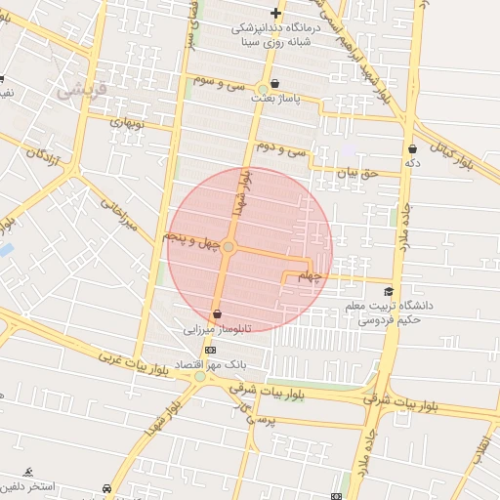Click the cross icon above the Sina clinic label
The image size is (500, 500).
275,14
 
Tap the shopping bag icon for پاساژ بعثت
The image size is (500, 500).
275,84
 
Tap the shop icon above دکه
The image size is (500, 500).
412,148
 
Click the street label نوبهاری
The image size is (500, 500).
127,125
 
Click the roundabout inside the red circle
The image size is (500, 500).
229,248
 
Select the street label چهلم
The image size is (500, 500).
309,277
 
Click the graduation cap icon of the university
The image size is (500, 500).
389,291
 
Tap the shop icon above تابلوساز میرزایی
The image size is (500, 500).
216,314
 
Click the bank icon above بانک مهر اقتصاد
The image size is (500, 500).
210,350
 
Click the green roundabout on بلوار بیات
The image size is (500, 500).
200,376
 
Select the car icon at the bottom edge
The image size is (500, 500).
106,489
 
